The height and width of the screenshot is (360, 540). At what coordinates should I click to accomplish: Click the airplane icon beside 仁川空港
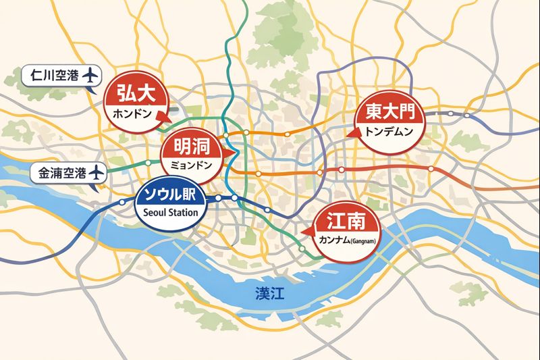click(88, 75)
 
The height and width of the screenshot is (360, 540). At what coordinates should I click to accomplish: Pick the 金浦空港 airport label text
click(60, 173)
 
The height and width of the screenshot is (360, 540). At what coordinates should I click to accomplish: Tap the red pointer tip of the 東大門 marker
click(349, 134)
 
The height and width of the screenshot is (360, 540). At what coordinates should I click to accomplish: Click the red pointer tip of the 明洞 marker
click(234, 155)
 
